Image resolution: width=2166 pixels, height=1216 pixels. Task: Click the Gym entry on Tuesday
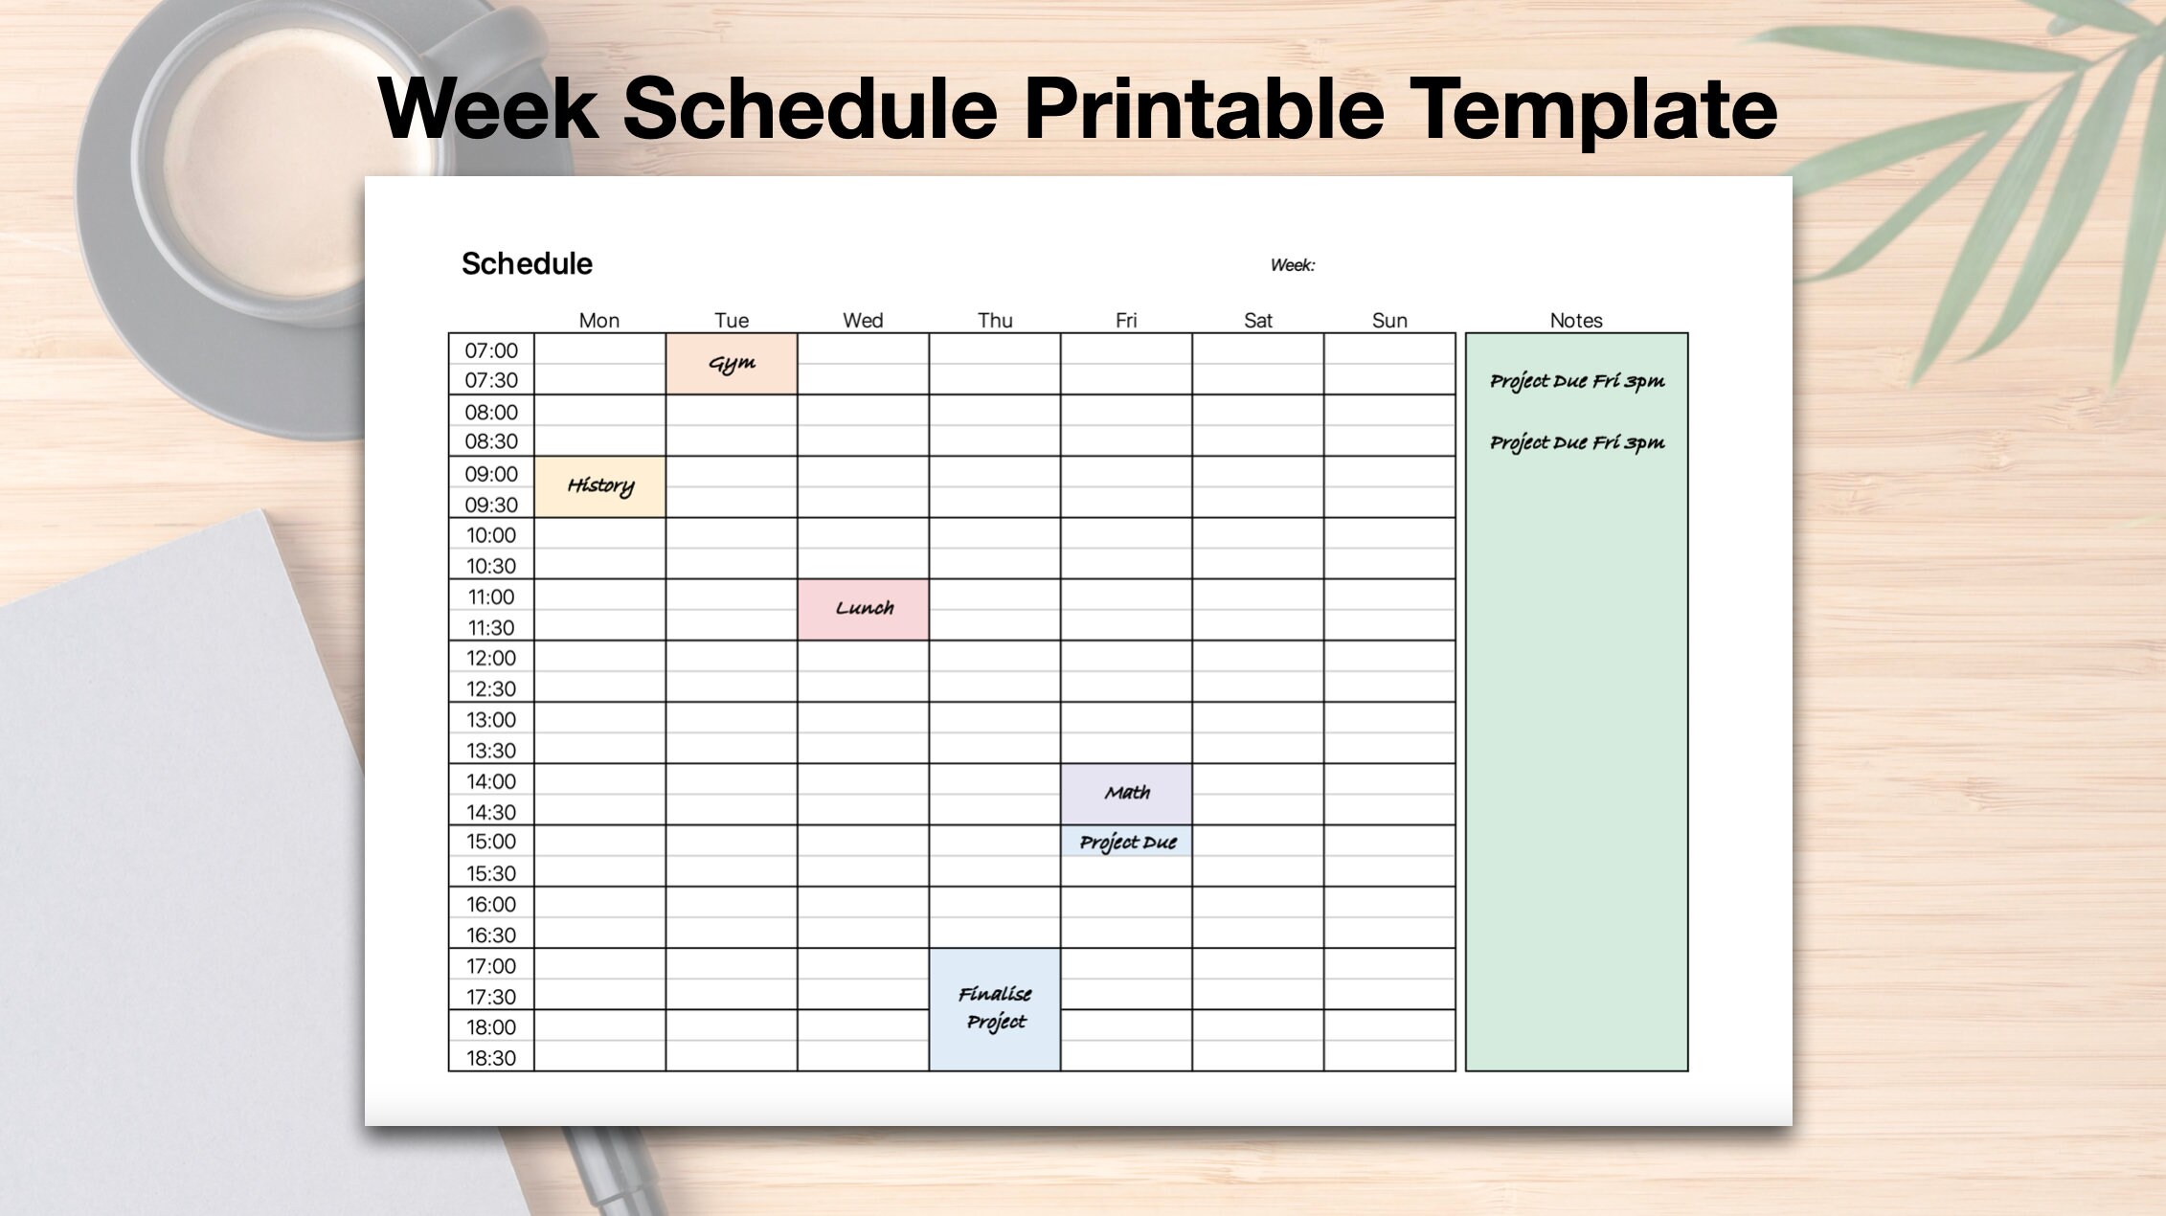click(732, 364)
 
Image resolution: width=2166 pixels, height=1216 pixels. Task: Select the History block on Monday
click(600, 486)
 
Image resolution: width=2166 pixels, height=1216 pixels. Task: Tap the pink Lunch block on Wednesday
click(864, 609)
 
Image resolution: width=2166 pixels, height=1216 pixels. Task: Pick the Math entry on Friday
click(1127, 794)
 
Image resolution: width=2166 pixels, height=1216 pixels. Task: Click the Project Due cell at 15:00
click(1127, 842)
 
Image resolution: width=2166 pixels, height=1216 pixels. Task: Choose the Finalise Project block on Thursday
click(995, 1009)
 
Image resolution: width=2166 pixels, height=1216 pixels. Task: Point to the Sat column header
click(1257, 321)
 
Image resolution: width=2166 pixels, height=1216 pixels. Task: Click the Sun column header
click(1389, 321)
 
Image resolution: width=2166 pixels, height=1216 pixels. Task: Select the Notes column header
click(1576, 321)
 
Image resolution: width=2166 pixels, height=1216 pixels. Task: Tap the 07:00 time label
click(491, 350)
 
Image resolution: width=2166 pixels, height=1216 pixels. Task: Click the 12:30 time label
click(491, 688)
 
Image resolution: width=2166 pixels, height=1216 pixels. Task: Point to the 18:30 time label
click(491, 1058)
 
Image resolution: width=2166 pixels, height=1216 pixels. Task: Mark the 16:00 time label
click(491, 904)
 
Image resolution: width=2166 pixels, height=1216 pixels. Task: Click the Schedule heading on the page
click(527, 263)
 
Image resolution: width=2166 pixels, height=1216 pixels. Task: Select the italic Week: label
click(1293, 265)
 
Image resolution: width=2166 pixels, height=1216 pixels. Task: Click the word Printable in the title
click(1205, 108)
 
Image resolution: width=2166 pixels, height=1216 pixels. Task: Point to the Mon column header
click(599, 321)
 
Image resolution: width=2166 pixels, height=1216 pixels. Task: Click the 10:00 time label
click(491, 535)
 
